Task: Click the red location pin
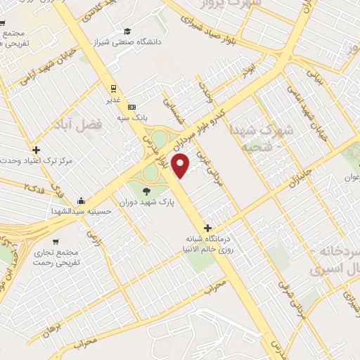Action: click(x=181, y=165)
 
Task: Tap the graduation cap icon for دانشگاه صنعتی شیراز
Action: click(x=127, y=32)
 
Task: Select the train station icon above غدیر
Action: click(x=111, y=89)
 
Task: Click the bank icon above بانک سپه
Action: click(x=131, y=106)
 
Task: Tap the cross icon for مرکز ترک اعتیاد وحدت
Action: click(x=37, y=149)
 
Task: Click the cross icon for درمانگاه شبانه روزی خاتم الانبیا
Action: click(x=207, y=228)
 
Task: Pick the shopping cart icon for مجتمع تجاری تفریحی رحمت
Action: click(x=56, y=241)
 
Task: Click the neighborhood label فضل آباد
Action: click(x=78, y=124)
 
